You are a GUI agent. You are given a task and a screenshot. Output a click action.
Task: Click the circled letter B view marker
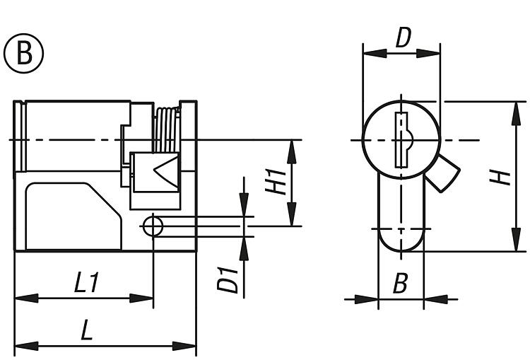tap(23, 53)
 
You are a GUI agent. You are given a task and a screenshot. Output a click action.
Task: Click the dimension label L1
tap(87, 282)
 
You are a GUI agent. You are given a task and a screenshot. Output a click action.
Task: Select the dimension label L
tap(87, 330)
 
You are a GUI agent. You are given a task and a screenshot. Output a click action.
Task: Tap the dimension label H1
tap(276, 182)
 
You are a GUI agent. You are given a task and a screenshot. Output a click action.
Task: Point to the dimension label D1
tap(228, 280)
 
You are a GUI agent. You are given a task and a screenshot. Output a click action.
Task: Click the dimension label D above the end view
tap(404, 37)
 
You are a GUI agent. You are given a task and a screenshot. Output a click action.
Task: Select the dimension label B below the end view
tap(401, 283)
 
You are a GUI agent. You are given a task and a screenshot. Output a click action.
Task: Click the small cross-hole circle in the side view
tap(153, 226)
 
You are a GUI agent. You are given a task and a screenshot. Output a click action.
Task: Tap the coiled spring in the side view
tap(166, 129)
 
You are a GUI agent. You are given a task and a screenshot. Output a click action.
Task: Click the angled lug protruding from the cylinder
tap(443, 173)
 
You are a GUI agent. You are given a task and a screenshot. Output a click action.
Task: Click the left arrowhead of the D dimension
tap(375, 53)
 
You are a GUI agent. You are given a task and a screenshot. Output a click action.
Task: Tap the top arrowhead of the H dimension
tap(516, 114)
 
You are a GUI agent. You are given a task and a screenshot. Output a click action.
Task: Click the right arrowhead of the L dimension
tap(184, 346)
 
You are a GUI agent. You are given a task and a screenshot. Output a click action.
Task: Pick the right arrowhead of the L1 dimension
tap(141, 298)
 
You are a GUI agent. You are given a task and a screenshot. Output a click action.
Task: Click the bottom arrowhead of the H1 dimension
tap(292, 214)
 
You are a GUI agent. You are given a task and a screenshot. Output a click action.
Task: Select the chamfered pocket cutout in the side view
tap(73, 216)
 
